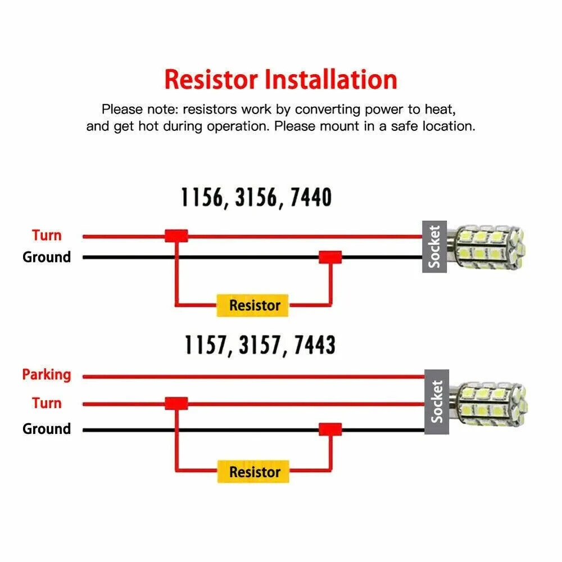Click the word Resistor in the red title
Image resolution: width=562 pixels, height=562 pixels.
tap(211, 79)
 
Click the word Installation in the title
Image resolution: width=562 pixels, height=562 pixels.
tap(331, 79)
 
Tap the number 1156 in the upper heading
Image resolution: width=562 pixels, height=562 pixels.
tap(202, 197)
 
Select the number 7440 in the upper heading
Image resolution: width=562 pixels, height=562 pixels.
tap(311, 197)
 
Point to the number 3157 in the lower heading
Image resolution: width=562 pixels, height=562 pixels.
tap(260, 345)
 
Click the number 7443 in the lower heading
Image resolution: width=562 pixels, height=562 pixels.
tap(315, 345)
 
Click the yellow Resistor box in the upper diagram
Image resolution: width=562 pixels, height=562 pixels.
tap(252, 305)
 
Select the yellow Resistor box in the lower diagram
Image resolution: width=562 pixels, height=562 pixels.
tap(253, 472)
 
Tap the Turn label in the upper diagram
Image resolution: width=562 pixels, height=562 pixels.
tap(47, 235)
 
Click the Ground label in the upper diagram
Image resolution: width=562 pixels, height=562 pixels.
tap(47, 257)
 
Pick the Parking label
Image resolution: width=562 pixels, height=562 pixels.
tap(47, 375)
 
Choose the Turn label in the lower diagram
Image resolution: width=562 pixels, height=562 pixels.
tap(47, 403)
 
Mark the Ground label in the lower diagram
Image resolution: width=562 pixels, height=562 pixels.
tap(47, 429)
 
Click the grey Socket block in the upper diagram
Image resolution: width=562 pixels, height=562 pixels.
tap(434, 247)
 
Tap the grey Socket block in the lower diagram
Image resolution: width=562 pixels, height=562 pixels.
tap(437, 402)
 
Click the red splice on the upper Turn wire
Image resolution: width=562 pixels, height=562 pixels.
tap(176, 235)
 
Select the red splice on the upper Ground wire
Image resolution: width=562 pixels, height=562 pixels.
tap(330, 257)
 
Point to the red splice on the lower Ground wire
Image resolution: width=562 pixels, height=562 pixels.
tap(330, 429)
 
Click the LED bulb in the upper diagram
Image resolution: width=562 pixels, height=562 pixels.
tap(486, 247)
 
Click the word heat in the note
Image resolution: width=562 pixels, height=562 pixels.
tap(440, 110)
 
